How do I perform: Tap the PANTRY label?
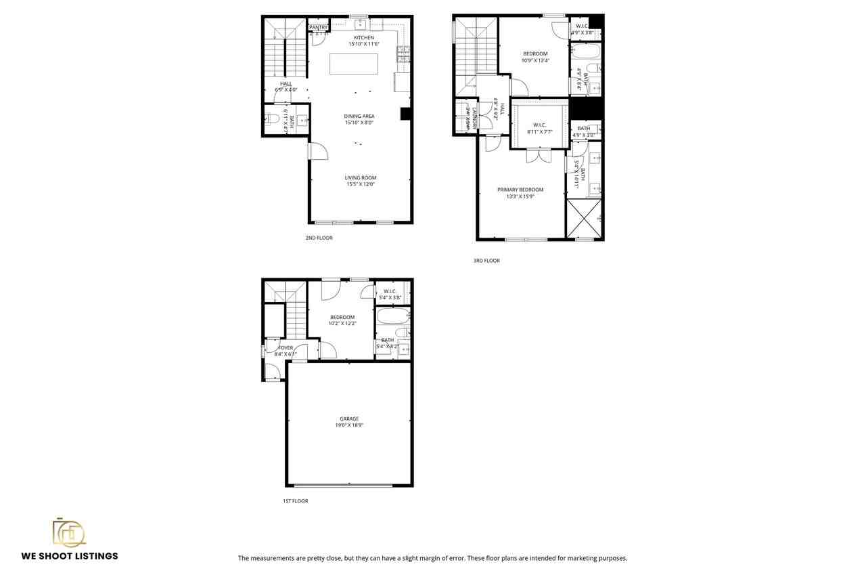[x=319, y=27]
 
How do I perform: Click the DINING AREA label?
[x=359, y=116]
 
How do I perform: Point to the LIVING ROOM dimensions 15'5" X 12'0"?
[x=360, y=184]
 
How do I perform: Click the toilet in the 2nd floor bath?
[x=271, y=119]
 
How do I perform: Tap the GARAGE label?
[x=349, y=419]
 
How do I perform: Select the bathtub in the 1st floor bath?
[x=392, y=316]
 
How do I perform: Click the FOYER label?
[x=286, y=348]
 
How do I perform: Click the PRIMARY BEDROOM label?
[x=520, y=190]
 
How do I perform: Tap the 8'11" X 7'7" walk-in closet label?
[x=540, y=132]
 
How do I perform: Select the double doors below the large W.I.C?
[x=539, y=156]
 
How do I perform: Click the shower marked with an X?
[x=584, y=219]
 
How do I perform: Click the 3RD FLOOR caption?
[x=486, y=261]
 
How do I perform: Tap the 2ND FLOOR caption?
[x=319, y=238]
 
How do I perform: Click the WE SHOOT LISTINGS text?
[x=70, y=556]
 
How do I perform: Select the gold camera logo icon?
[x=69, y=532]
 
